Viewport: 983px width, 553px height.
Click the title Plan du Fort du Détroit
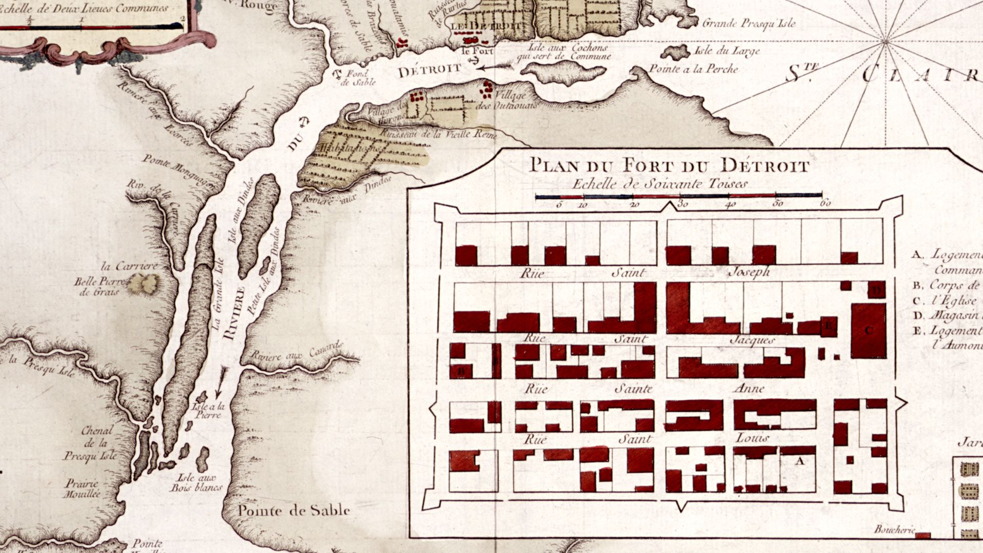669,166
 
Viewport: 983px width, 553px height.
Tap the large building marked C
868,330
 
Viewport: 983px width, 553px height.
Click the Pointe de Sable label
294,511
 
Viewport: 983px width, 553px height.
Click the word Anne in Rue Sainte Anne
749,389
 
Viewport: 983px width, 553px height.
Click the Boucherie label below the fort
893,530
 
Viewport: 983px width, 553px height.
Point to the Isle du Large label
726,51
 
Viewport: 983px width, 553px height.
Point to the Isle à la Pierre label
208,411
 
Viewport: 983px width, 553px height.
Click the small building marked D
877,291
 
